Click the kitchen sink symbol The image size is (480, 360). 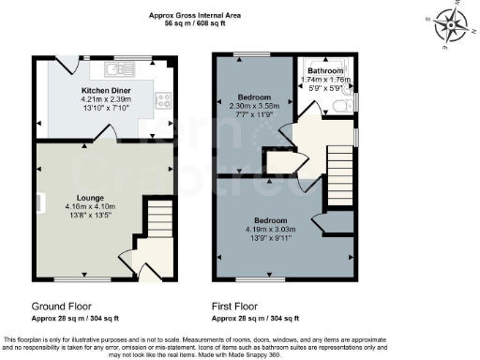coord(114,68)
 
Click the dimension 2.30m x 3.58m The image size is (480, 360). coord(255,106)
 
